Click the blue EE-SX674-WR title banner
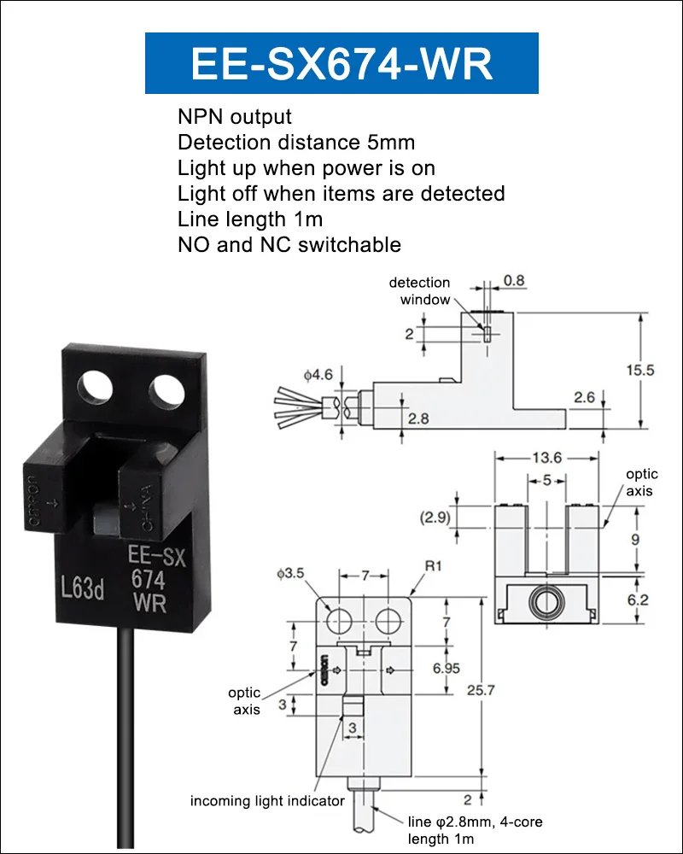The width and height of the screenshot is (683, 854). point(341,63)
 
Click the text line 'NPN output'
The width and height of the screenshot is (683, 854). point(235,117)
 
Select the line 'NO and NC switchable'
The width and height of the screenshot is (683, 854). point(289,245)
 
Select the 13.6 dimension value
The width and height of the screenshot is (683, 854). point(548,459)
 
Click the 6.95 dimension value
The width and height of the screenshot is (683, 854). point(447,668)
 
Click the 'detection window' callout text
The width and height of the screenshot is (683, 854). point(419,290)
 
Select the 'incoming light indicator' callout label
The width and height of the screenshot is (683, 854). point(267,801)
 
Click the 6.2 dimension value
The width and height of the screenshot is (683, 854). point(638,600)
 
